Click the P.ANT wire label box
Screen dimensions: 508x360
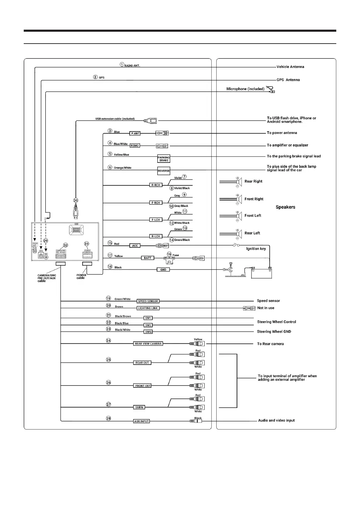[135, 133]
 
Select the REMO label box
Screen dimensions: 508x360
[135, 145]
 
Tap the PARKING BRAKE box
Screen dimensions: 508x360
[164, 159]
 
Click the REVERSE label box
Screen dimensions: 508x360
[164, 171]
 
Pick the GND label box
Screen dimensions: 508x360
[163, 270]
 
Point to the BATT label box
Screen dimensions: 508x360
[148, 258]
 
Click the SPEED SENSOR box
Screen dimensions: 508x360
[148, 301]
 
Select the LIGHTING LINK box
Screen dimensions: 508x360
[148, 308]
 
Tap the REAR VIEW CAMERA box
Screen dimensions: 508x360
[148, 344]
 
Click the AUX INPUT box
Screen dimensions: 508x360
[142, 421]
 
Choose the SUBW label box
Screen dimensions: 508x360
[139, 407]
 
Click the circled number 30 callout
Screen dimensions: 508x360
[76, 200]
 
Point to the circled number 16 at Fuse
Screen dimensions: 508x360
[169, 255]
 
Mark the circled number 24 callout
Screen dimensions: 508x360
[108, 340]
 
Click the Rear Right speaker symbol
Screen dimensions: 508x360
[239, 182]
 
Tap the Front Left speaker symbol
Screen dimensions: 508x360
[239, 216]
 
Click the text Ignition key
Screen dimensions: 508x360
[256, 249]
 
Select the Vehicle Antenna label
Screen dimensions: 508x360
[290, 67]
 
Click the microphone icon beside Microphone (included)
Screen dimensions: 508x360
[271, 89]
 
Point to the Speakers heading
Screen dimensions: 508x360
[285, 207]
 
